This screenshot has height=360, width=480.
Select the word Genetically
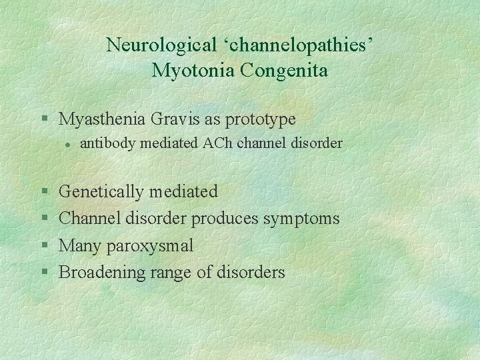[x=101, y=192]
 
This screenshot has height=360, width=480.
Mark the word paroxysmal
[x=153, y=246]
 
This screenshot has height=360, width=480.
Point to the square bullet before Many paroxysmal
[x=44, y=246]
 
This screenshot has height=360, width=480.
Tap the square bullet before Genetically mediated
[x=44, y=192]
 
